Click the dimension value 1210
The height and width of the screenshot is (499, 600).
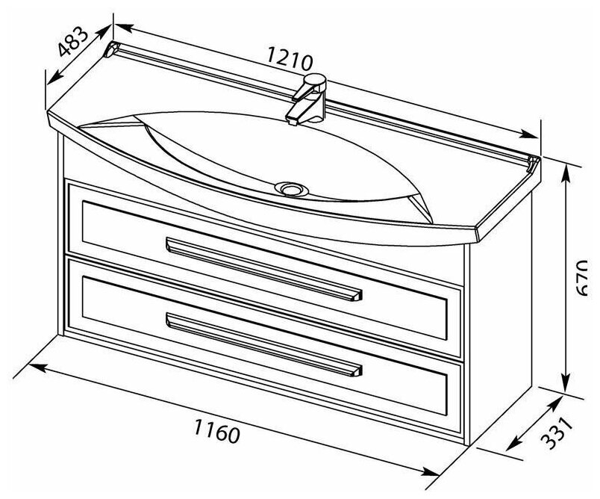tap(287, 58)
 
